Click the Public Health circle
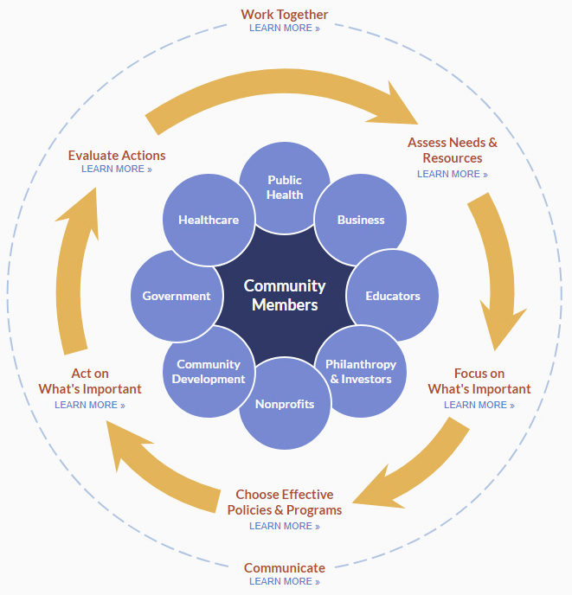tap(285, 188)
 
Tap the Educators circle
tap(392, 296)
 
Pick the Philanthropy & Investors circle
tap(361, 372)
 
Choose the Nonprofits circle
tap(285, 404)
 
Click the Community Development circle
tap(209, 372)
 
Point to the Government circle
tap(177, 296)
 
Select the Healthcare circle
tap(209, 220)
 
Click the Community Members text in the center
tap(285, 295)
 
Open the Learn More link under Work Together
tap(284, 28)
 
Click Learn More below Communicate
tap(284, 581)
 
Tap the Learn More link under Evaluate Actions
tap(116, 169)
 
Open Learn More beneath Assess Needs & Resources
tap(452, 174)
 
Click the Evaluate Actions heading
tap(117, 156)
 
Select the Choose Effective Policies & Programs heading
tap(285, 502)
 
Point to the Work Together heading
tap(285, 14)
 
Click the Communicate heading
tap(285, 568)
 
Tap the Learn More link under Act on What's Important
tap(89, 405)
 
